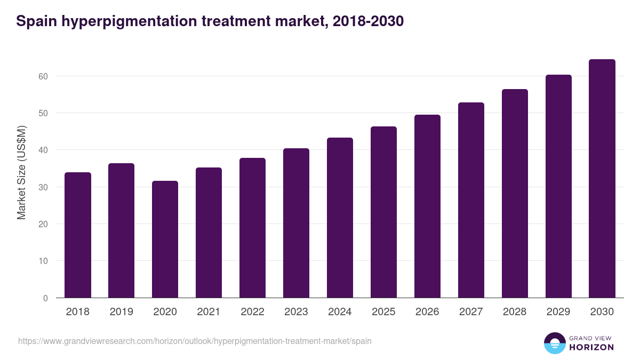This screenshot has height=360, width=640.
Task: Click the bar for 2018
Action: coord(78,235)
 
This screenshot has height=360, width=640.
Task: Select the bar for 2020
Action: coord(165,239)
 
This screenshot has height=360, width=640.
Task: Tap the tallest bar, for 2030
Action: coord(602,179)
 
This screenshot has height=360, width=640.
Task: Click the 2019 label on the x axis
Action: coord(122,312)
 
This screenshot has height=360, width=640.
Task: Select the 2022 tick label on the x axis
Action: coord(253,312)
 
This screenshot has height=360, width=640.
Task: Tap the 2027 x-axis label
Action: coord(471,312)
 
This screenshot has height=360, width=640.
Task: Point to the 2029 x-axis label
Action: coord(558,312)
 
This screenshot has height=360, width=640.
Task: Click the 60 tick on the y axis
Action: coord(43,76)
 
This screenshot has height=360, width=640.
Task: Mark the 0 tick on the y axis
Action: coord(45,298)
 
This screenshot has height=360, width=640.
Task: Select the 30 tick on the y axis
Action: coord(43,187)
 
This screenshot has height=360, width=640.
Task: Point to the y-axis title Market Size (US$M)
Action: coord(22,172)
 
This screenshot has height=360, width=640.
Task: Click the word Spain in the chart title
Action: coord(34,21)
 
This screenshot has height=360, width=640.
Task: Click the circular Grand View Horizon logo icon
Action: coord(555,343)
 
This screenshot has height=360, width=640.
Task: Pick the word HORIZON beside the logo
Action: coord(592,347)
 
